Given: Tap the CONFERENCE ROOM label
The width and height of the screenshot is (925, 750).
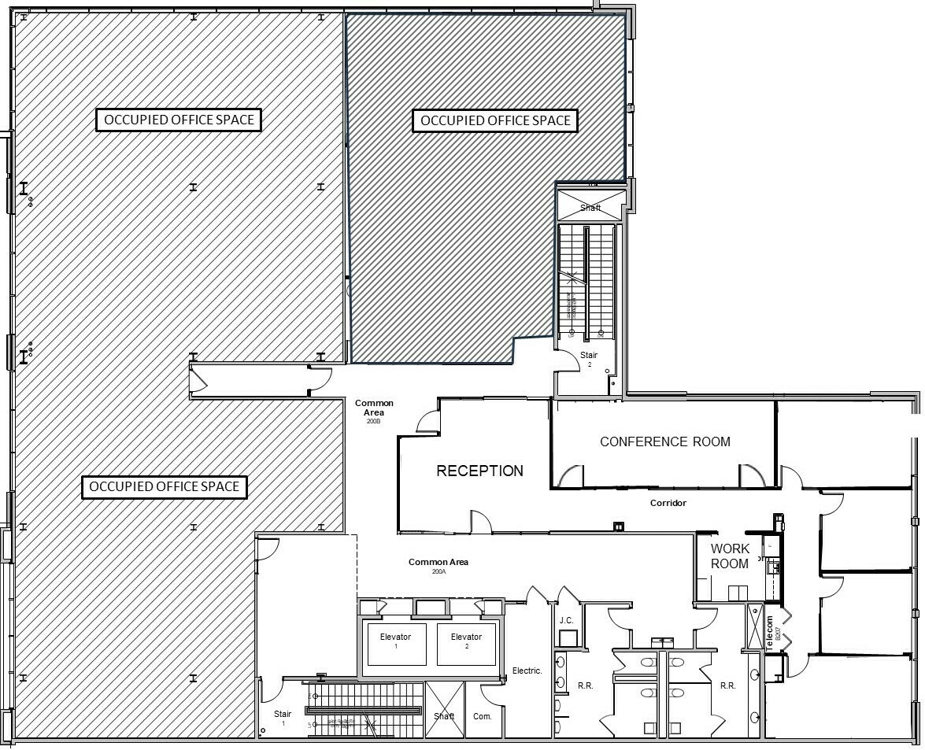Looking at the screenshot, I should click(664, 442).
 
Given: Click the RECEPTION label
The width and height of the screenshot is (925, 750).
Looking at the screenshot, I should click(479, 471).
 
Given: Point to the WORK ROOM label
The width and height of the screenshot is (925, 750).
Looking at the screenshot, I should click(730, 556).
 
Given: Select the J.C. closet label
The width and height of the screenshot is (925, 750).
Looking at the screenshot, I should click(566, 620).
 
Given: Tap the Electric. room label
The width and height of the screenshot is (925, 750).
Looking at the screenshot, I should click(527, 671).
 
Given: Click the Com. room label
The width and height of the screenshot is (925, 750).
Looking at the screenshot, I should click(483, 716).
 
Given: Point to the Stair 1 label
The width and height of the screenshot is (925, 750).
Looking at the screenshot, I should click(283, 718).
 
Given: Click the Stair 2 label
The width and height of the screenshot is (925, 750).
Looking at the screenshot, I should click(589, 359).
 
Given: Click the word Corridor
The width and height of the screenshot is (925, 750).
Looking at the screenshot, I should click(668, 502).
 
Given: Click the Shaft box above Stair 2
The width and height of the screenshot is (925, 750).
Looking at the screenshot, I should click(590, 207).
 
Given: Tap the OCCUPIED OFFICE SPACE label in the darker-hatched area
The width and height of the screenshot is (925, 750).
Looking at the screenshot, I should click(495, 120).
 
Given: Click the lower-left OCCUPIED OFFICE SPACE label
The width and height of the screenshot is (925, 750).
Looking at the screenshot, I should click(164, 486).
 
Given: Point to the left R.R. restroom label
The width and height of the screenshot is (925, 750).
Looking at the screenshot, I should click(585, 685).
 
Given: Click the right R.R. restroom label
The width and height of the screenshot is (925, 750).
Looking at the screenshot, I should click(727, 685).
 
